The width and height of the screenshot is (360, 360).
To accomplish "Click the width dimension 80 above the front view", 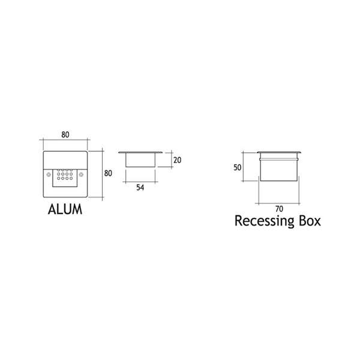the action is [x=65, y=134].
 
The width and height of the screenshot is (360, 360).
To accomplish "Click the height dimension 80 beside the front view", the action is [x=108, y=173].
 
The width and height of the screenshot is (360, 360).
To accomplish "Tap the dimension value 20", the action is [x=177, y=160].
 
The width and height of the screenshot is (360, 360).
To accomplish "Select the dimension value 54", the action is [x=140, y=188].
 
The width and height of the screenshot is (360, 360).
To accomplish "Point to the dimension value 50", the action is [x=238, y=167].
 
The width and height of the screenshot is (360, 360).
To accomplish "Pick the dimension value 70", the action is [x=279, y=209].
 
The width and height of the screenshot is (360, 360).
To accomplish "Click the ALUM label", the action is [x=65, y=209].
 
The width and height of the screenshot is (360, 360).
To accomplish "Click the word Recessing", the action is [x=264, y=221].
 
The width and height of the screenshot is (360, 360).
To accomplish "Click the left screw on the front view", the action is [x=49, y=175].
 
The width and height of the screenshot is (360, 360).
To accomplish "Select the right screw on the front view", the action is [x=81, y=175].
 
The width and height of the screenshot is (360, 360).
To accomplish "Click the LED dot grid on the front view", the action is [x=65, y=175].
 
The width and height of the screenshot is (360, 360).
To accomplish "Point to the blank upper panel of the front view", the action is [x=65, y=160].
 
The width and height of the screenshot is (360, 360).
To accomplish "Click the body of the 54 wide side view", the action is [x=140, y=160].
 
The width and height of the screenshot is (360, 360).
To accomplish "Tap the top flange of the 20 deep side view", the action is [x=140, y=152].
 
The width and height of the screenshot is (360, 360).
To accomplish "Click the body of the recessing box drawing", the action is [x=279, y=169].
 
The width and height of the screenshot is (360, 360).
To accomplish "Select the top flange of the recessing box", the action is [x=279, y=152].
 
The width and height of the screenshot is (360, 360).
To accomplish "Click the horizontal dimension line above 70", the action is [x=279, y=203].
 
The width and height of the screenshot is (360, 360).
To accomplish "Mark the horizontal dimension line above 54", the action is [x=140, y=182].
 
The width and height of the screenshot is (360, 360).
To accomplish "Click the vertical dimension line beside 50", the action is [x=243, y=167].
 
